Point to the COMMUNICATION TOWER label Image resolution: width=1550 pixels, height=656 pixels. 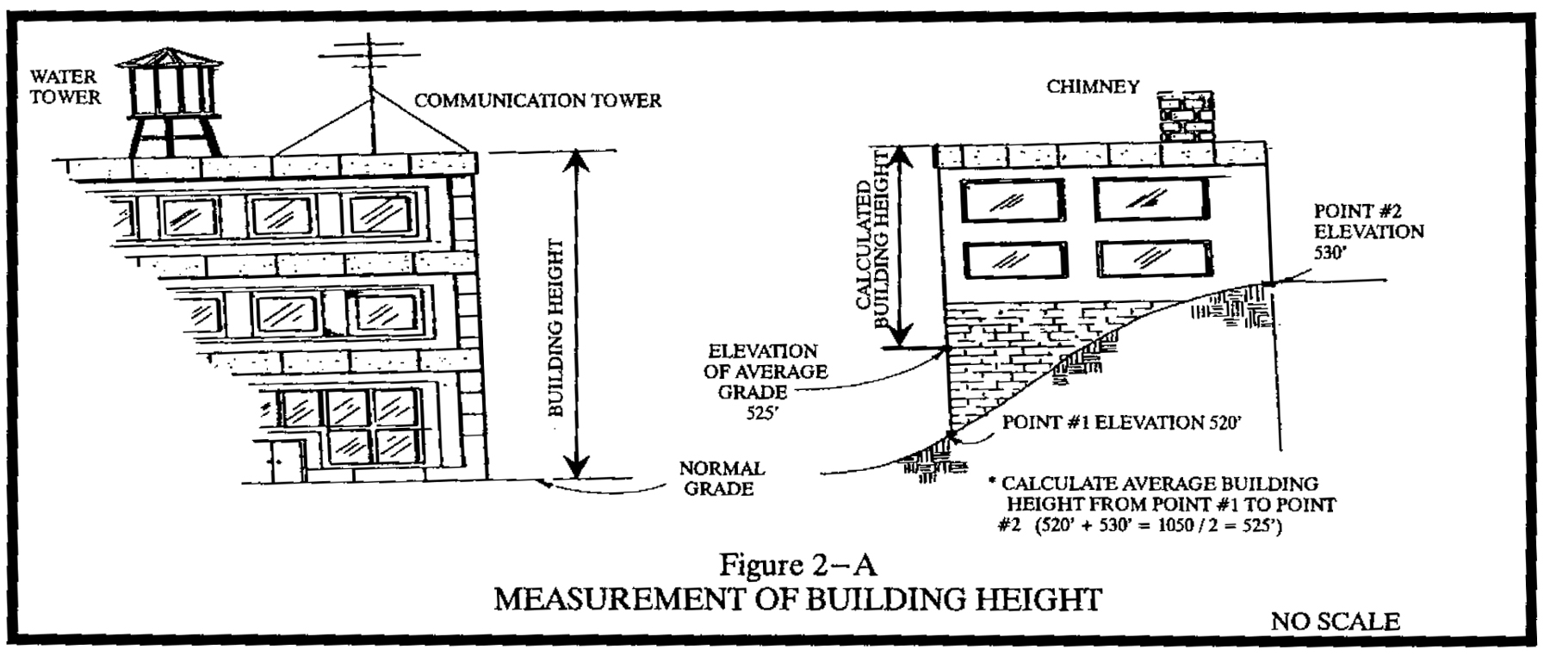pos(538,101)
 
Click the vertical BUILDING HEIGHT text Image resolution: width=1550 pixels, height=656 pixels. pos(555,327)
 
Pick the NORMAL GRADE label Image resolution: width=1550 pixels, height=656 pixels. pos(721,479)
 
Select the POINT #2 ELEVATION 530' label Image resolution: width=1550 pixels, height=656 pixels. pos(1367,232)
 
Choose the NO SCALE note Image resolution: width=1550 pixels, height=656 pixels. pos(1335,622)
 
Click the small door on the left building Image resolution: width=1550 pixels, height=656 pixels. pos(285,462)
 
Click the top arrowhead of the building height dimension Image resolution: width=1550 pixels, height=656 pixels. pos(578,160)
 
